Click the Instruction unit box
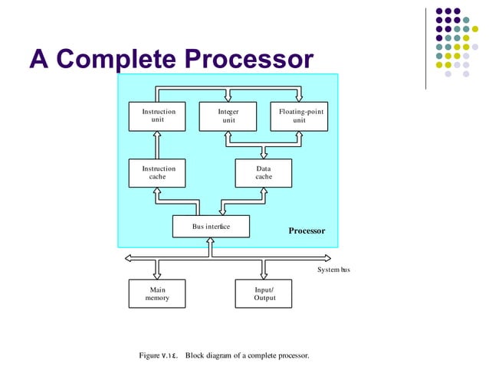pyautogui.click(x=158, y=116)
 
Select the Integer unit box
pyautogui.click(x=228, y=116)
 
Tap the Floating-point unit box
pyautogui.click(x=299, y=116)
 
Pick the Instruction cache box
pyautogui.click(x=158, y=172)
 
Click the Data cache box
pyautogui.click(x=263, y=172)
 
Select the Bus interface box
pyautogui.click(x=211, y=227)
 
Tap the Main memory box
pyautogui.click(x=158, y=294)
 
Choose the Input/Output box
pyautogui.click(x=264, y=294)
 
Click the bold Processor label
pyautogui.click(x=307, y=230)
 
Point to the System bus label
pyautogui.click(x=333, y=270)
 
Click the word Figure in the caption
pyautogui.click(x=149, y=356)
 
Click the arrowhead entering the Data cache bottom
pyautogui.click(x=263, y=192)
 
